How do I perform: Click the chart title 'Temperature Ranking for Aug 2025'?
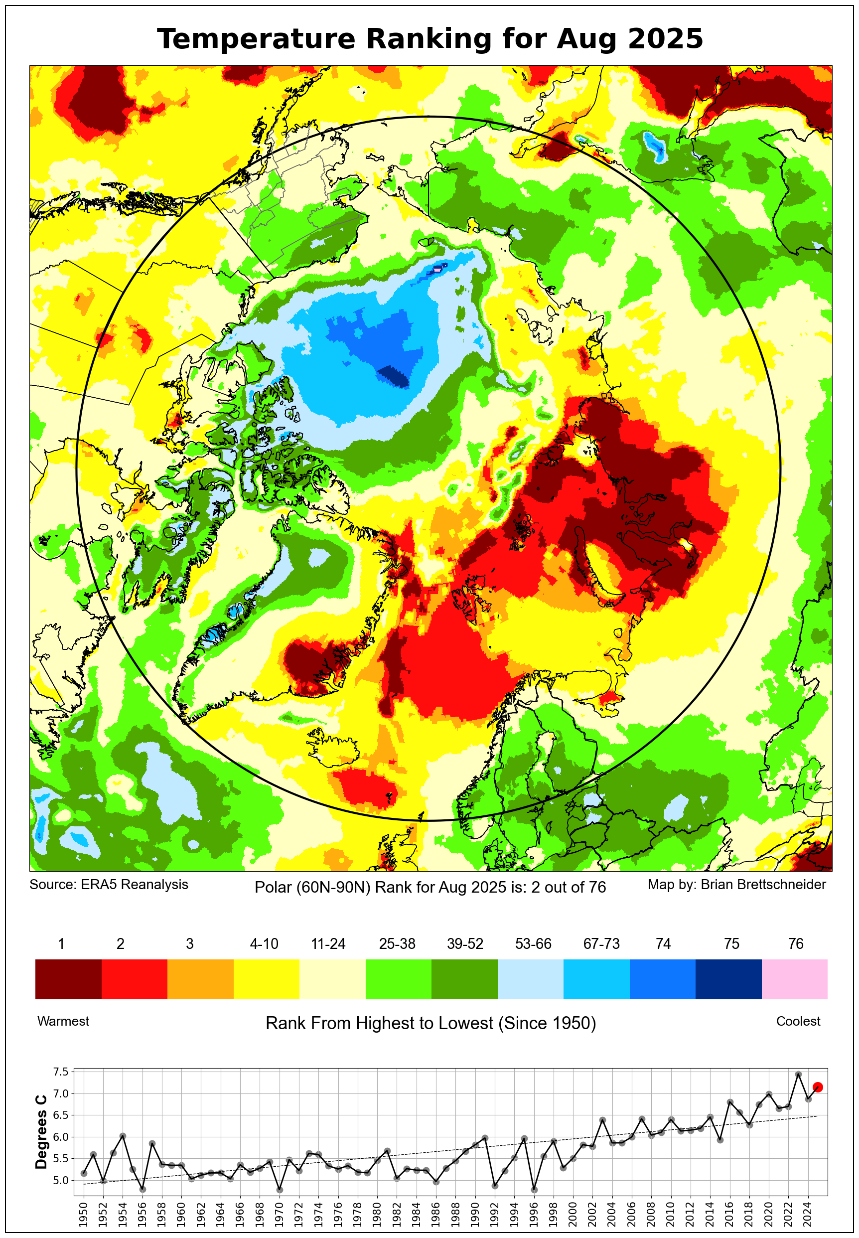[429, 39]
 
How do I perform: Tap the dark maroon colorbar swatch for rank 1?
[68, 978]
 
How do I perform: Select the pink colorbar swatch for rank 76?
[794, 978]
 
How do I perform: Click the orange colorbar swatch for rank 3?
[200, 978]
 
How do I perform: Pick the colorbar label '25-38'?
[397, 943]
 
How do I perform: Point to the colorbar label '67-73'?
[601, 943]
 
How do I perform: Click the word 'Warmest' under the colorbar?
[63, 1021]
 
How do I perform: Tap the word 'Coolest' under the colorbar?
[798, 1021]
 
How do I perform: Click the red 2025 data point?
[818, 1087]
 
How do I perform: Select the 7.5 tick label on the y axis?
[61, 1072]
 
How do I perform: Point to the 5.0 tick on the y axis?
[61, 1180]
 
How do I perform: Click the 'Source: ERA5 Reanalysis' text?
[109, 884]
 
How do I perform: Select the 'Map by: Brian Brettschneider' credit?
[736, 884]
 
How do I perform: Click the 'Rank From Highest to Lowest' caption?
[430, 1023]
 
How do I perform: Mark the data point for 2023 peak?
[798, 1075]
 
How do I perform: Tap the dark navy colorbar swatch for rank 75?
[728, 978]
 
